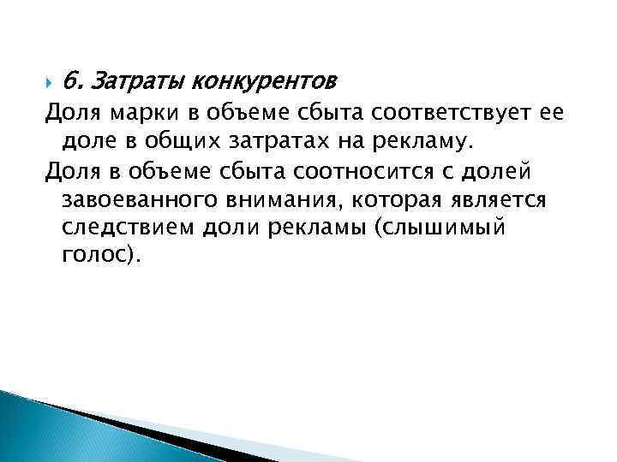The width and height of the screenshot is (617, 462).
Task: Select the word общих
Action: click(x=196, y=139)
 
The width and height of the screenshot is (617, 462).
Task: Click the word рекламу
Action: click(x=424, y=139)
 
